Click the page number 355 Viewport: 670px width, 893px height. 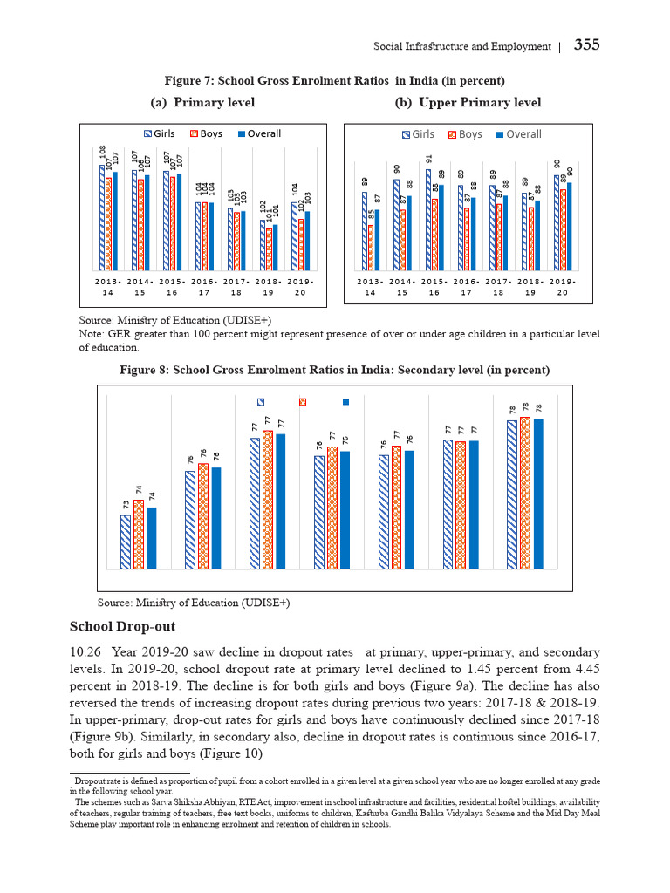tap(586, 45)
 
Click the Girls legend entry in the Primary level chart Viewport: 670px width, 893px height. tap(160, 133)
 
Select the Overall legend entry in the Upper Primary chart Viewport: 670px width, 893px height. tap(518, 134)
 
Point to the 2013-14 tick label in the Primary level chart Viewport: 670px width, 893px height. tap(108, 288)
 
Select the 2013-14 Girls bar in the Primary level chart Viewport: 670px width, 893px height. tap(102, 218)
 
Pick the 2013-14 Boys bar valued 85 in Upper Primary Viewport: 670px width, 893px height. tap(371, 248)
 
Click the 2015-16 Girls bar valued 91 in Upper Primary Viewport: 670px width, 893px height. tap(428, 220)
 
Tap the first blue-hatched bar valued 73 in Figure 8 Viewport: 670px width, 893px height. tap(126, 542)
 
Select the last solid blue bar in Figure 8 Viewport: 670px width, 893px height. tap(538, 494)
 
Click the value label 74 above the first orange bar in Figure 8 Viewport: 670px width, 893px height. tap(139, 491)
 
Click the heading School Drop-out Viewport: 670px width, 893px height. tap(122, 626)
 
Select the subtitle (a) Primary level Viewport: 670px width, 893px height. tap(202, 103)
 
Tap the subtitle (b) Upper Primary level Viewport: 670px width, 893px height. tap(468, 103)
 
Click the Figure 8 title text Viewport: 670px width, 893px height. tap(334, 370)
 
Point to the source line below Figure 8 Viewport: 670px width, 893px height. tap(194, 603)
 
